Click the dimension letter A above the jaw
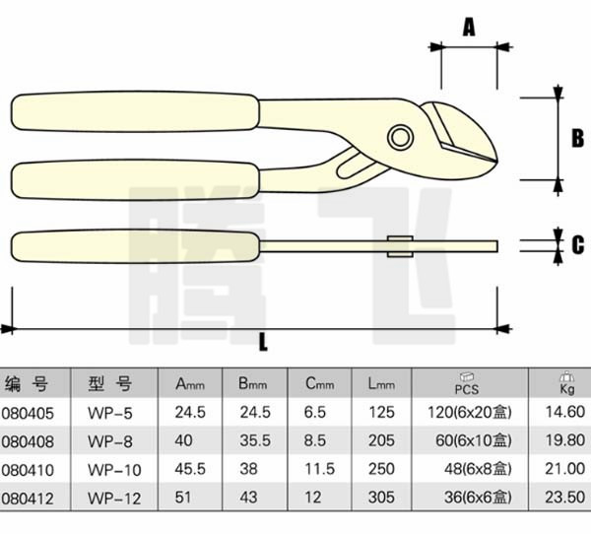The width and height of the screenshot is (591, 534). [x=469, y=28]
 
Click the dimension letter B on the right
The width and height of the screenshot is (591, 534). [x=578, y=138]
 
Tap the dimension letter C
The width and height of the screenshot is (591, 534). [x=578, y=244]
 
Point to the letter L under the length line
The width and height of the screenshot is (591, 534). [x=263, y=343]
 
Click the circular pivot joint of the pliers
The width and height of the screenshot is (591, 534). [x=400, y=137]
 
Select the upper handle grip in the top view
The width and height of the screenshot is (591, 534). [x=135, y=111]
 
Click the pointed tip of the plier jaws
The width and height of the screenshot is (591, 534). [x=496, y=162]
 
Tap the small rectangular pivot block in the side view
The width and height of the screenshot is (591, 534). [x=400, y=246]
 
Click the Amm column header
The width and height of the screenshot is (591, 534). [x=190, y=384]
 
